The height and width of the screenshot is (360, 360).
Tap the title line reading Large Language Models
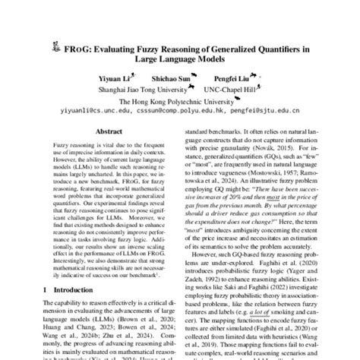(179, 62)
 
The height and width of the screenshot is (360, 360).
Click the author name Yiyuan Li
(113, 77)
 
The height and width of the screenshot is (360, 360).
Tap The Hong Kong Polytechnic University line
(179, 98)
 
